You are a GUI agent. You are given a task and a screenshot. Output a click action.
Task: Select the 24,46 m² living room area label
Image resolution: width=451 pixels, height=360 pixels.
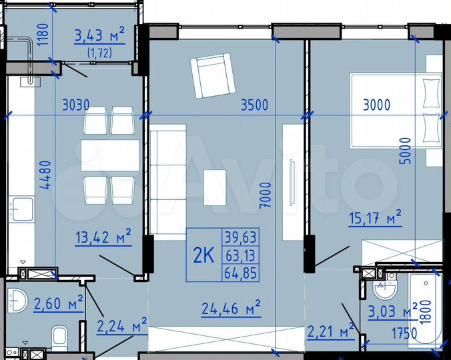click(231, 307)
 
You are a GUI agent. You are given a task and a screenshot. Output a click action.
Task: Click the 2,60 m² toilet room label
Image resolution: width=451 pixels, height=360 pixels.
click(58, 304)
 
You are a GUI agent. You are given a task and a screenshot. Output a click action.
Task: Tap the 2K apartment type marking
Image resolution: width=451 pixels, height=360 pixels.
click(203, 255)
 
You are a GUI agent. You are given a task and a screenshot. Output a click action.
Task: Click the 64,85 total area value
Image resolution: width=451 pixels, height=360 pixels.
click(241, 272)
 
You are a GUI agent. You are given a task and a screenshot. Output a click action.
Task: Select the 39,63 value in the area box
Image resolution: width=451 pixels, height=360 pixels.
click(241, 237)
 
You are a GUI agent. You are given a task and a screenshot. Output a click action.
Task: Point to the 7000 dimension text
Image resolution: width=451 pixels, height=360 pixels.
click(266, 197)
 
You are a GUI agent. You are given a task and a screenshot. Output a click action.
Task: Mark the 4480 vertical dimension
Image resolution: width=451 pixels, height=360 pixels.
click(45, 176)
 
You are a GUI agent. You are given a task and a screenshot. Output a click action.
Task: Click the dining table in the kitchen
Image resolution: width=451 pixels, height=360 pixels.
click(110, 155)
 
